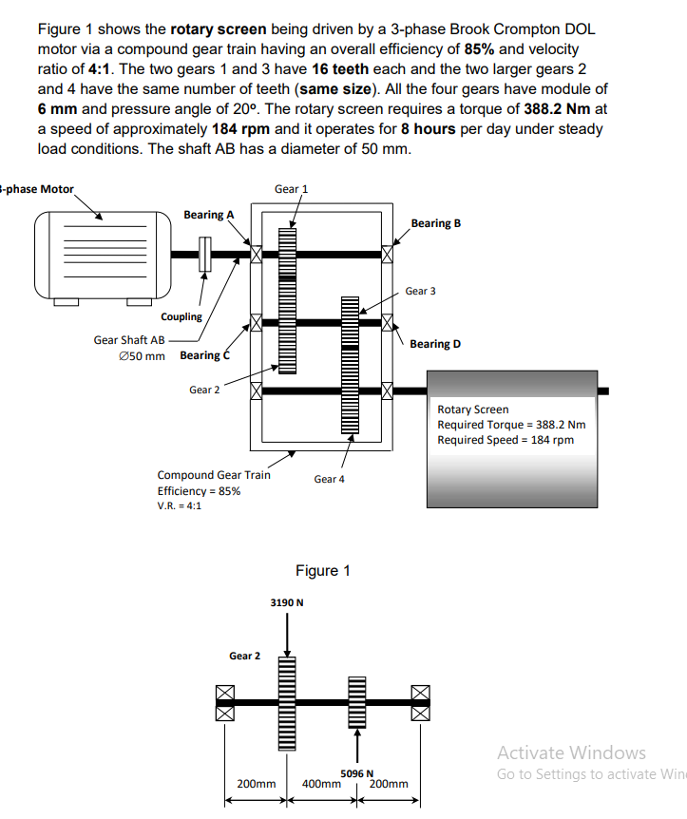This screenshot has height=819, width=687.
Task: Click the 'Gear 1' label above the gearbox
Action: (291, 189)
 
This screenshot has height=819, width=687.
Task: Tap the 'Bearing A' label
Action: (208, 215)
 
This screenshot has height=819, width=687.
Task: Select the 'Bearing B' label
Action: (436, 223)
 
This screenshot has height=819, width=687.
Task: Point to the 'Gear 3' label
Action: (420, 291)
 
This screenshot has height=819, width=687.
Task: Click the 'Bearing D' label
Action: (435, 344)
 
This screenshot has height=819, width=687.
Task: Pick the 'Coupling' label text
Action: (181, 317)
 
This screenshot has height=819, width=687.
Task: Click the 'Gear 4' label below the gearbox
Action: (329, 479)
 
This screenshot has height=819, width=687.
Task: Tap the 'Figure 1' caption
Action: (322, 570)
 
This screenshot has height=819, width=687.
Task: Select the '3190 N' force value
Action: (287, 602)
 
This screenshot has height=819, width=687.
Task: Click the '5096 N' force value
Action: (357, 773)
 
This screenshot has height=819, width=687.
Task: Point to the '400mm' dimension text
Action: (322, 785)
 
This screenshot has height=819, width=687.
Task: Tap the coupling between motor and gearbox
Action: (203, 254)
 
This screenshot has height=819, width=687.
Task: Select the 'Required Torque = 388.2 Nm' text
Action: (511, 425)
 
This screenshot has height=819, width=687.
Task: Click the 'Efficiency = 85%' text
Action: (199, 490)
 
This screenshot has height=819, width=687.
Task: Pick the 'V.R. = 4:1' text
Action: (179, 505)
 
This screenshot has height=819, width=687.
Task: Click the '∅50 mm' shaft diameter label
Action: (143, 356)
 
